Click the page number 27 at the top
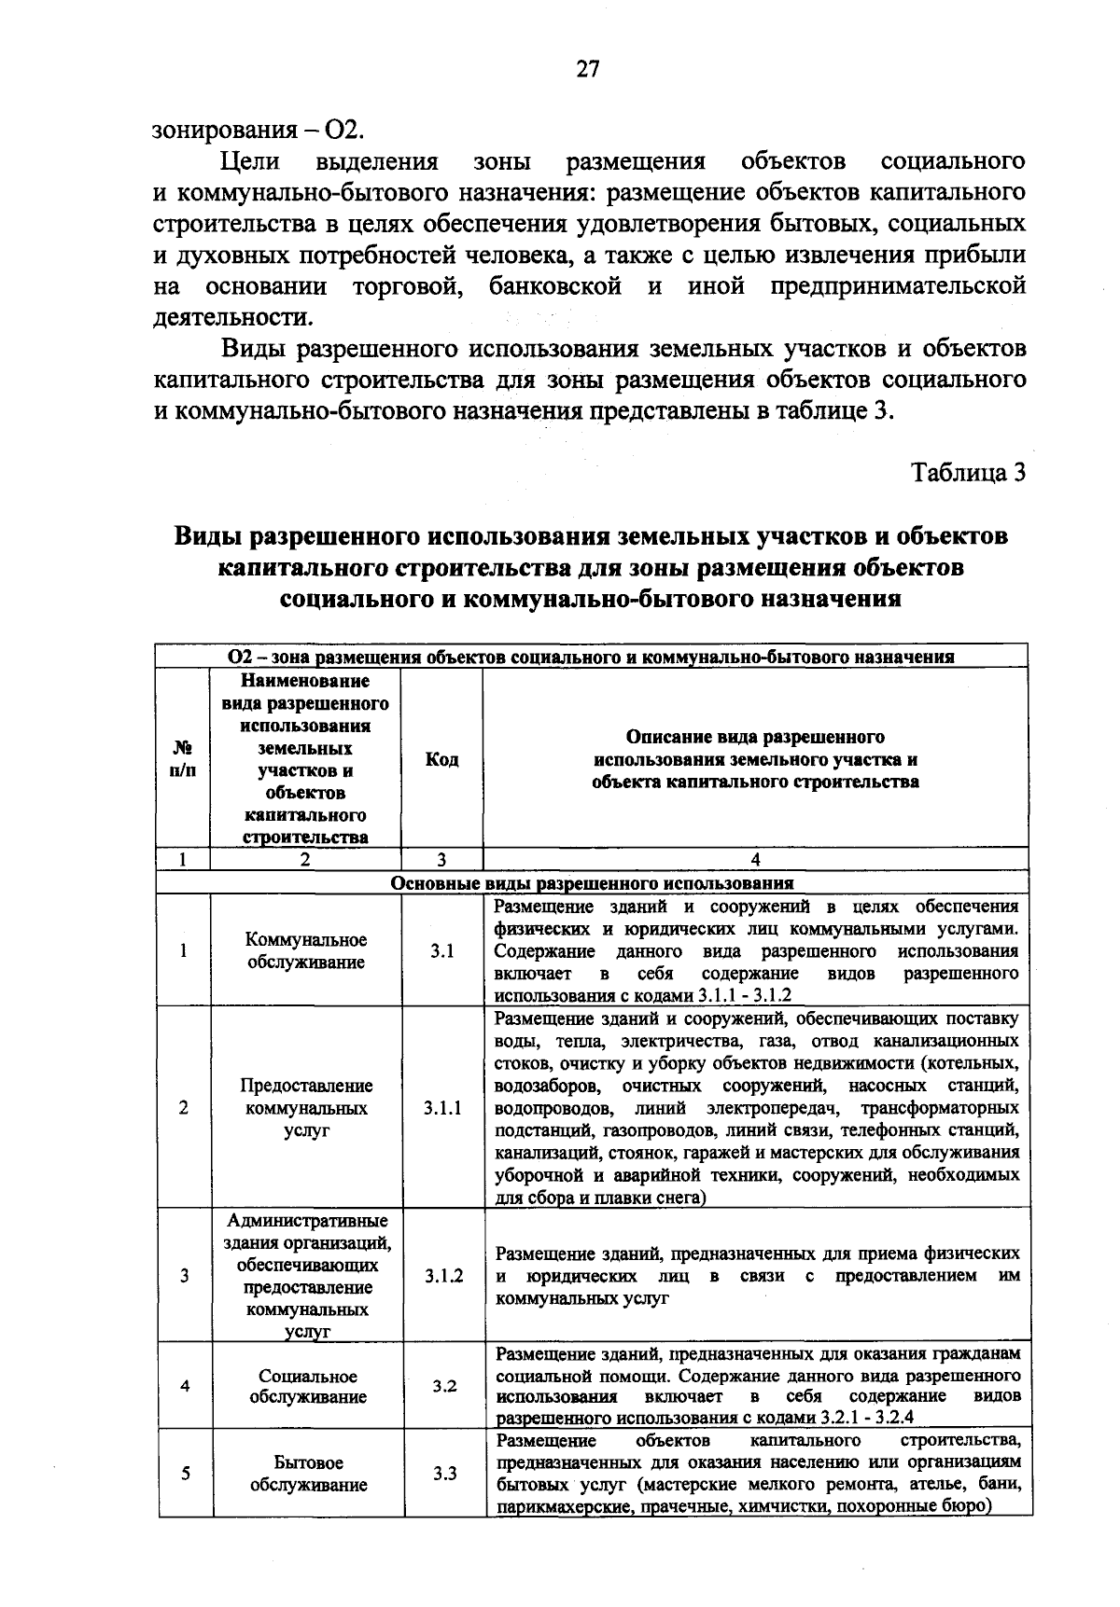588,70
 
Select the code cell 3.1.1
442,1108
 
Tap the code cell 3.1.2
442,1275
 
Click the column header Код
441,760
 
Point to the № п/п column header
183,760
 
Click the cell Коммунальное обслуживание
306,950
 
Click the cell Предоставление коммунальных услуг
306,1108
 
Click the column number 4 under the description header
755,860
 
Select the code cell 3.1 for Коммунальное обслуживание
442,951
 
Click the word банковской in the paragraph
554,286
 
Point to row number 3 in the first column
185,1276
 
